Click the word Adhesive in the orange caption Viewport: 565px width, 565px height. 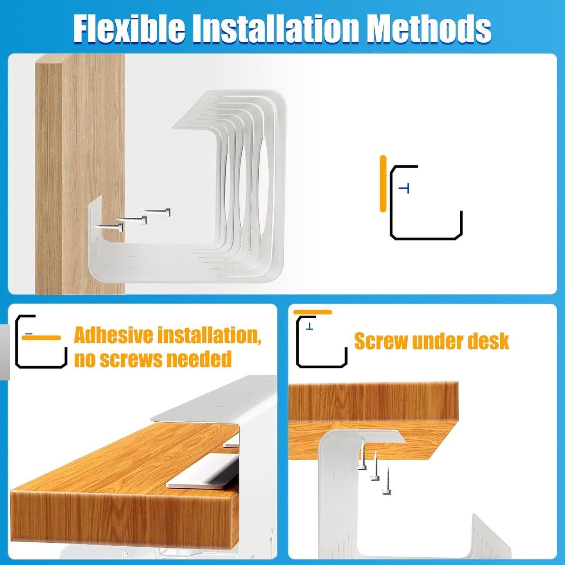click(113, 335)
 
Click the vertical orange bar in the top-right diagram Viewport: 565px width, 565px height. click(383, 184)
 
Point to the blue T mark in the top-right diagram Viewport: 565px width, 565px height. click(405, 188)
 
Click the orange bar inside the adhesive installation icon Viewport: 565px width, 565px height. click(41, 338)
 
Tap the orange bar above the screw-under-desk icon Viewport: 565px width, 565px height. click(312, 312)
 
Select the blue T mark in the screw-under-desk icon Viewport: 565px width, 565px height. click(310, 326)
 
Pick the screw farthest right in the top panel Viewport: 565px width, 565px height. click(156, 212)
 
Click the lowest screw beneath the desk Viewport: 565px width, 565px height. click(387, 481)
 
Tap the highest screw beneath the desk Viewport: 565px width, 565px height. click(362, 456)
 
